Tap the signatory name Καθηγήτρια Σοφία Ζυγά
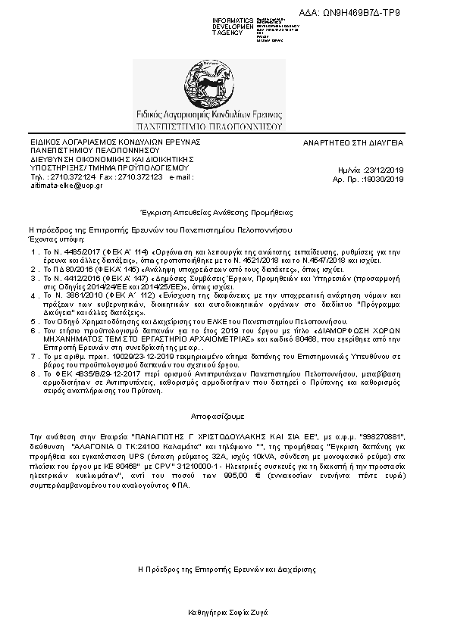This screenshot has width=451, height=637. pos(227,611)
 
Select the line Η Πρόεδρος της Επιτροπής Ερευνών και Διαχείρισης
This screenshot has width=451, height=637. pos(227,568)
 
